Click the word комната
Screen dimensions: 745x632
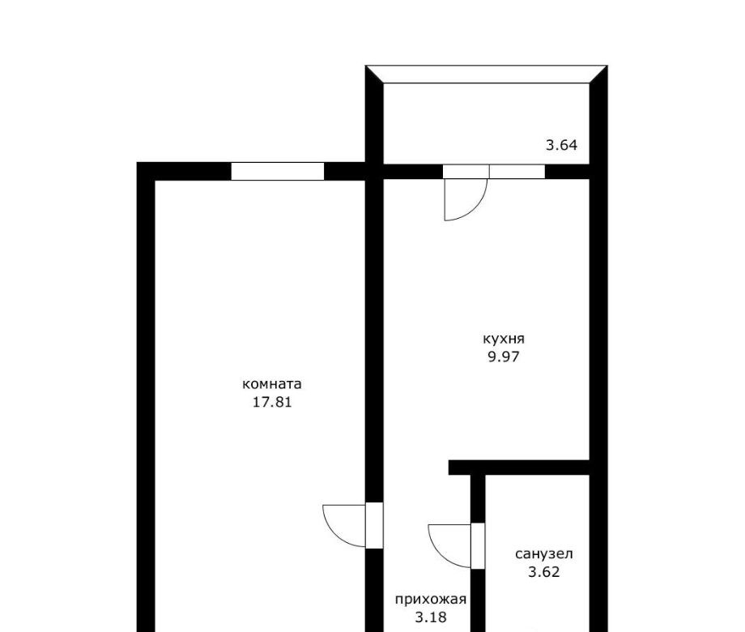(x=272, y=384)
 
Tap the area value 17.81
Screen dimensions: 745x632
(x=272, y=403)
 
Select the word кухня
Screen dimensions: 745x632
(x=504, y=339)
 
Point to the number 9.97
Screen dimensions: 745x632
(x=504, y=357)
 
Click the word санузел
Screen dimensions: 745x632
(x=544, y=554)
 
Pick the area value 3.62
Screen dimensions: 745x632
(x=544, y=572)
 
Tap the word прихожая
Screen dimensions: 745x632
(x=431, y=600)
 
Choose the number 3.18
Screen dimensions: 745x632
(x=431, y=617)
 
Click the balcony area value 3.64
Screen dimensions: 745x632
(x=562, y=145)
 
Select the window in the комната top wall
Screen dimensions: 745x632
(x=278, y=171)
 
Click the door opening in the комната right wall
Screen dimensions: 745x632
(x=374, y=526)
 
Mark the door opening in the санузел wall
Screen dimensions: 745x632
(x=478, y=545)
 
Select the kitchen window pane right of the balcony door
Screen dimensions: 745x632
(x=517, y=171)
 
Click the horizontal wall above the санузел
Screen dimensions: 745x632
(x=519, y=468)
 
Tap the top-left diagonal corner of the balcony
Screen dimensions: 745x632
(x=374, y=75)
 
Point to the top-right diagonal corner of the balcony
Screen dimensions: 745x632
(x=598, y=75)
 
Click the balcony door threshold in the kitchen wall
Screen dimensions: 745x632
(x=466, y=171)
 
